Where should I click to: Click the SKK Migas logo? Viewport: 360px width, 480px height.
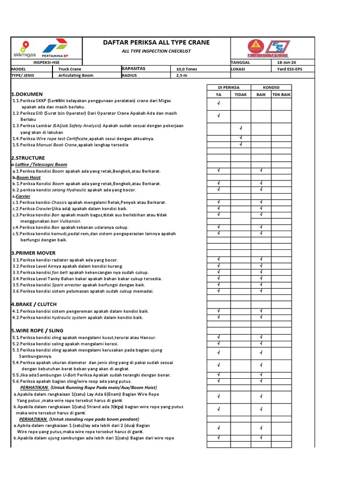(x=25, y=49)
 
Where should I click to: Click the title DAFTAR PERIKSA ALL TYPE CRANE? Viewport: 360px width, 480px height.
(x=156, y=43)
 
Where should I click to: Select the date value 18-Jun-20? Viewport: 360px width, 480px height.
(x=286, y=62)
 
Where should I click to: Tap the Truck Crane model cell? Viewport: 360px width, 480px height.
(x=69, y=69)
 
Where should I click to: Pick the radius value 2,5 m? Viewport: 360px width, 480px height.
(x=181, y=75)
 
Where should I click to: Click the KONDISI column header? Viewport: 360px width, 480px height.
(x=270, y=87)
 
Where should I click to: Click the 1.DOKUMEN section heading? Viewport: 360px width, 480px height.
(x=27, y=94)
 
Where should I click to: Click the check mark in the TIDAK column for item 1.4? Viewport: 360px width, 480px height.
(x=240, y=138)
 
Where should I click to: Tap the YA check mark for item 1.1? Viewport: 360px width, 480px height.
(x=219, y=103)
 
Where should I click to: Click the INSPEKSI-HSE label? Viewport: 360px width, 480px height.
(x=46, y=62)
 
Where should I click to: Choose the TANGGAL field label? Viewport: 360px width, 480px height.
(x=241, y=62)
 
